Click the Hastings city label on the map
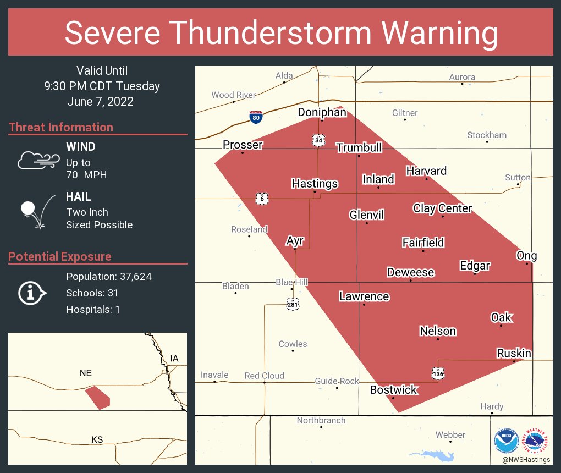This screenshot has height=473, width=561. coord(315,184)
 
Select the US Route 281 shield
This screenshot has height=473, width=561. coord(292,304)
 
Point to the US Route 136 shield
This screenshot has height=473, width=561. coord(438,374)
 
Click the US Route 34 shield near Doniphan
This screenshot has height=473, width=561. coord(319,141)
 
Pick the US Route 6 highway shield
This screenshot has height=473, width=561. coord(262,199)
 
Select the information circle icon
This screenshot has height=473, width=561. coord(32,293)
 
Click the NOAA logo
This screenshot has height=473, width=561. coord(506,441)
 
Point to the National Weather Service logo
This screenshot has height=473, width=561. coord(537,441)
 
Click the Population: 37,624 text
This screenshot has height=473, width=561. coord(109,277)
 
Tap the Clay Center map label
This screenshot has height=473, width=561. coord(442,208)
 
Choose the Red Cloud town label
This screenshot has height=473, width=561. coord(265,376)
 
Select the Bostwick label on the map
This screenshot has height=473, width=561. coord(393,390)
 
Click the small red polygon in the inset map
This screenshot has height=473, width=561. coord(97,397)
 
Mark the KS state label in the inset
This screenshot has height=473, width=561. coord(97,439)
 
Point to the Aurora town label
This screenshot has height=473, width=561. coord(462,77)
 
